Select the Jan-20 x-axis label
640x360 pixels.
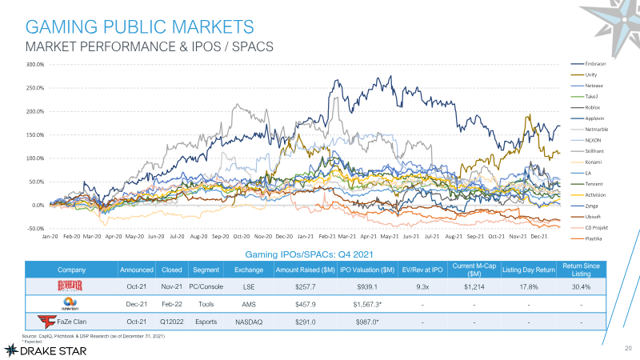click(x=50, y=238)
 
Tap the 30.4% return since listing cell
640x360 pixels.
click(x=582, y=286)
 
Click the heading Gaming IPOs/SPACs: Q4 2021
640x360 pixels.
click(x=310, y=254)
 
